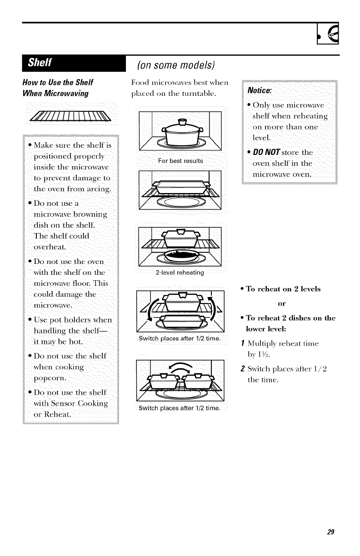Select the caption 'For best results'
tap(180, 161)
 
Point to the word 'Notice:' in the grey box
tap(260, 90)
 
